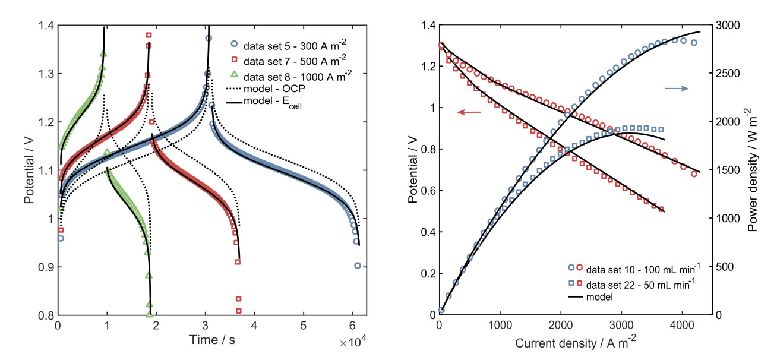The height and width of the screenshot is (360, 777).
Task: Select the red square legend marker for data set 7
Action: click(235, 59)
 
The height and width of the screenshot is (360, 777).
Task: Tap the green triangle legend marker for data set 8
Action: click(235, 74)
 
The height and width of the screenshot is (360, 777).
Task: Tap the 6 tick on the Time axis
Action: click(352, 326)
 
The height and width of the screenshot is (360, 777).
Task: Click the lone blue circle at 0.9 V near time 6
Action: click(358, 266)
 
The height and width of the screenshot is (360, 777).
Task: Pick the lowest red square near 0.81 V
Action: click(239, 311)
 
